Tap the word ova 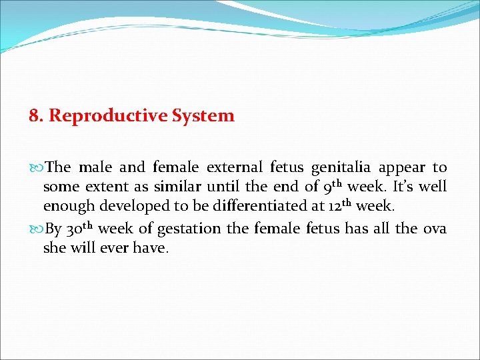[x=435, y=229]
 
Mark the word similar [x=178, y=187]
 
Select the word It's [x=403, y=187]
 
